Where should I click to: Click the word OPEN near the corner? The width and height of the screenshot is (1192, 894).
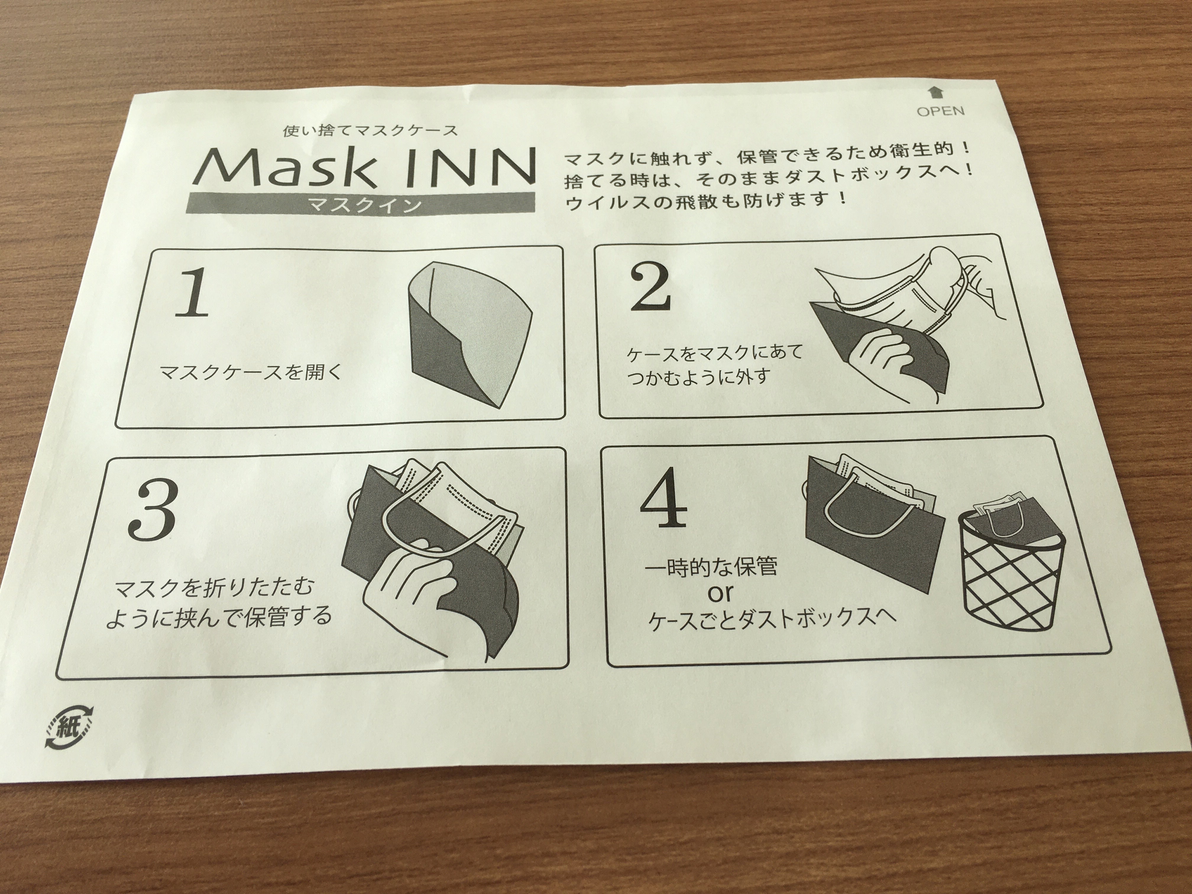(940, 111)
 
